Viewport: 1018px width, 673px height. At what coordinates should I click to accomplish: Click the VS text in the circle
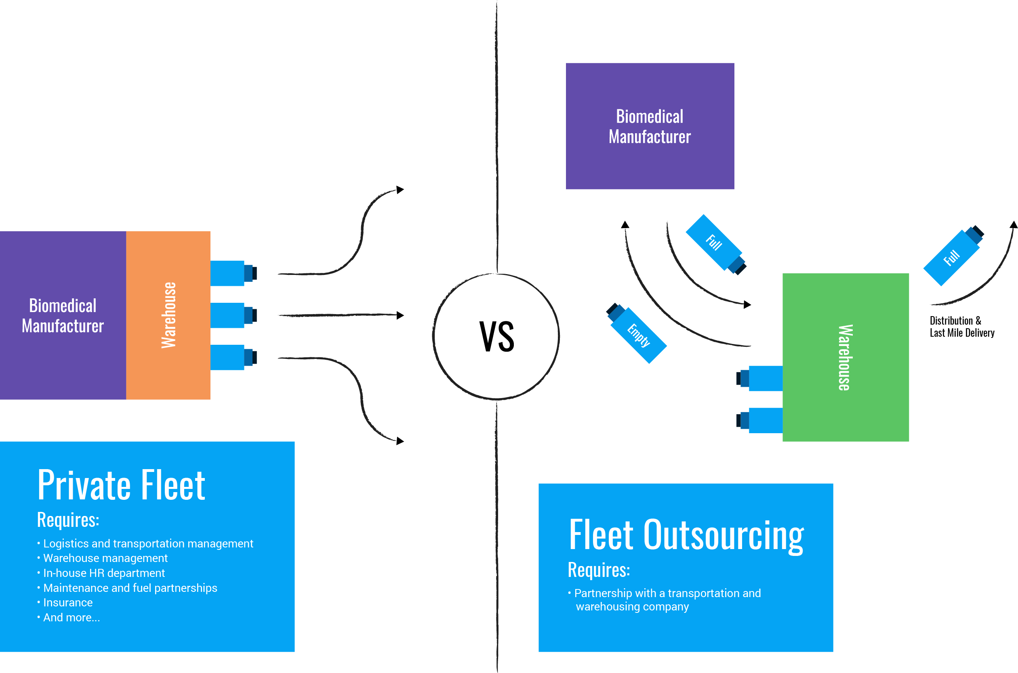tap(496, 337)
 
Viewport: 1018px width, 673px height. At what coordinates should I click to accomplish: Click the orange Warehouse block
tap(168, 315)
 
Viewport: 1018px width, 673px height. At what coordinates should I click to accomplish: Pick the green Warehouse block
tap(845, 357)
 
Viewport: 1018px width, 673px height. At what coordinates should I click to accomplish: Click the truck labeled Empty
tap(636, 333)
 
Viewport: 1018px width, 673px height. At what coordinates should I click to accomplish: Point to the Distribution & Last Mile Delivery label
tap(961, 327)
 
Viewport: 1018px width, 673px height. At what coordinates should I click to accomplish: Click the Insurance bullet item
tap(68, 603)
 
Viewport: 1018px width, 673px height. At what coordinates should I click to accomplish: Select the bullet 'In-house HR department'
tap(104, 573)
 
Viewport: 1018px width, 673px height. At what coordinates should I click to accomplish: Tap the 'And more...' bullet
tap(71, 617)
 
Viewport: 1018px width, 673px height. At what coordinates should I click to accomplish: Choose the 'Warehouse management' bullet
tap(105, 558)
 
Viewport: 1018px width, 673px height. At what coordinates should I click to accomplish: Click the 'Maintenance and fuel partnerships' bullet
tap(130, 587)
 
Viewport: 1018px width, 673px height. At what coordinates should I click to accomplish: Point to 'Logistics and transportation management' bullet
tap(148, 543)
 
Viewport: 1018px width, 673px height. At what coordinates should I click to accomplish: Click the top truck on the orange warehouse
tap(233, 273)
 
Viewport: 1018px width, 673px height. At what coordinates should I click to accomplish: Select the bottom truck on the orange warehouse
tap(233, 358)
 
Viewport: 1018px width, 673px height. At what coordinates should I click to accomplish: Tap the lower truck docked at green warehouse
tap(759, 421)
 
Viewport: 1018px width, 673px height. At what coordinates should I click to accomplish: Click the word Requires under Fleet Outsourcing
tap(599, 570)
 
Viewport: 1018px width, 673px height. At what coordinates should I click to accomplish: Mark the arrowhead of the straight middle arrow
tap(400, 315)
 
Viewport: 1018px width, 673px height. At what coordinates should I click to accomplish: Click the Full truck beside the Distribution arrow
tap(953, 256)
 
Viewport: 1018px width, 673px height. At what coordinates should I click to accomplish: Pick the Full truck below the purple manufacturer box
tap(716, 244)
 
